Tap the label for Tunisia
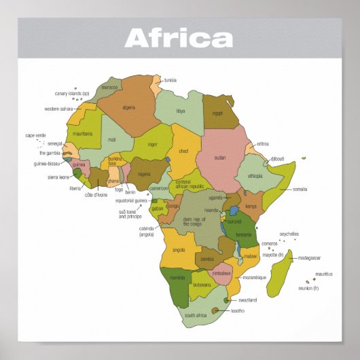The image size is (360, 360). coord(170,80)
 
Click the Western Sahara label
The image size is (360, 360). coord(59,109)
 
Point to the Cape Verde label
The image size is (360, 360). coord(35,135)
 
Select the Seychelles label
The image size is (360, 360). coord(289,234)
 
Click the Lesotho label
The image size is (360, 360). coord(237,310)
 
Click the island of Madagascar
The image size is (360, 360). coord(280,272)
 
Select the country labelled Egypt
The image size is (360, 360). coord(219,113)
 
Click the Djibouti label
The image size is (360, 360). coord(277,159)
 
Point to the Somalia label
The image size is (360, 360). coord(300,189)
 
